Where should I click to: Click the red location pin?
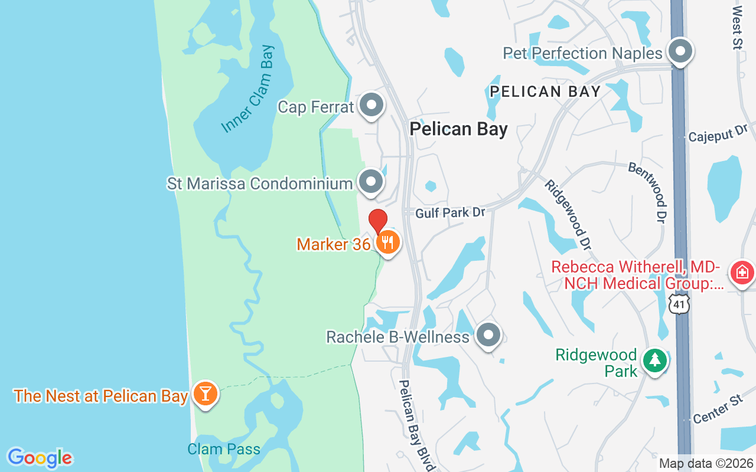click(378, 222)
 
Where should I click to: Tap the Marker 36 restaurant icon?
click(387, 242)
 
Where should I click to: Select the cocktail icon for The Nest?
click(205, 394)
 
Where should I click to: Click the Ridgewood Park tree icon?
click(654, 360)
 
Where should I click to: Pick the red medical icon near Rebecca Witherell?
click(742, 273)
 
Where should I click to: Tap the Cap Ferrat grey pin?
click(372, 106)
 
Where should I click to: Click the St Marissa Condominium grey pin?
click(371, 182)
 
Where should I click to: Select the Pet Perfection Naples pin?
click(680, 51)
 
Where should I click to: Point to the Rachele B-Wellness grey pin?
click(488, 335)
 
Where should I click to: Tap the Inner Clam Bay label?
click(247, 90)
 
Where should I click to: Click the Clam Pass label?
click(224, 449)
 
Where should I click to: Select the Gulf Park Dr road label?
click(450, 212)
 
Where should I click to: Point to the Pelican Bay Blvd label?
click(416, 425)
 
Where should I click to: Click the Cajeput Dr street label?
click(718, 133)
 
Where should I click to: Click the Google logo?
click(40, 458)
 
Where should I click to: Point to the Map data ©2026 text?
click(706, 464)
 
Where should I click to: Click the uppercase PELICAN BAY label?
click(546, 91)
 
